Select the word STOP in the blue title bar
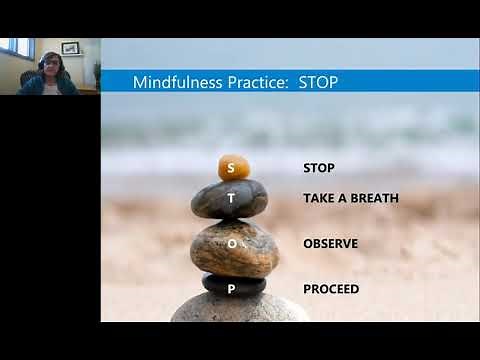click(x=318, y=82)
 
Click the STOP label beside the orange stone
click(x=318, y=168)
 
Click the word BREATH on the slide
click(x=374, y=198)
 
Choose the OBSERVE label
click(x=330, y=243)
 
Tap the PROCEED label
click(x=331, y=289)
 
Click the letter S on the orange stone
click(x=231, y=168)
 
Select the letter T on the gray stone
click(x=231, y=198)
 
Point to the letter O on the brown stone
click(x=231, y=243)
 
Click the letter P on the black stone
click(x=231, y=289)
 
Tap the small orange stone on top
click(x=234, y=166)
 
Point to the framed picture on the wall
click(x=70, y=47)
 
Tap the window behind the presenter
click(x=15, y=47)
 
